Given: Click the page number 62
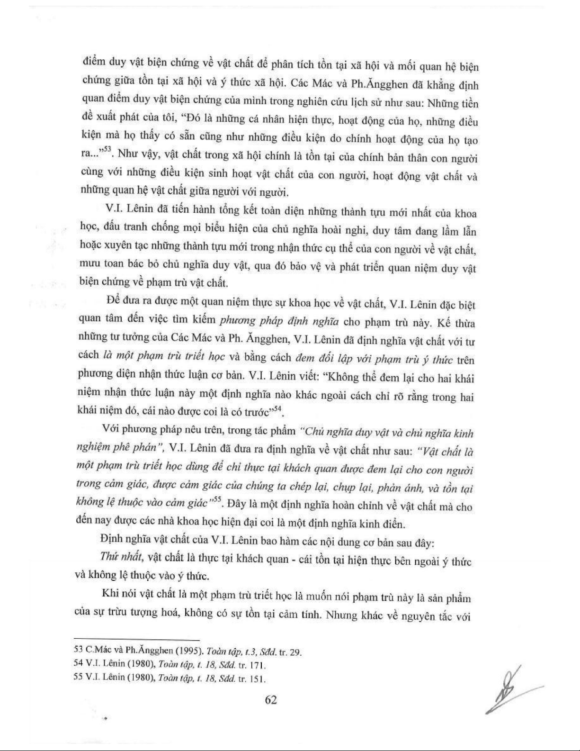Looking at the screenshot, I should point(271,700).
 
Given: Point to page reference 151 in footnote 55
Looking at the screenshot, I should point(257,679).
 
